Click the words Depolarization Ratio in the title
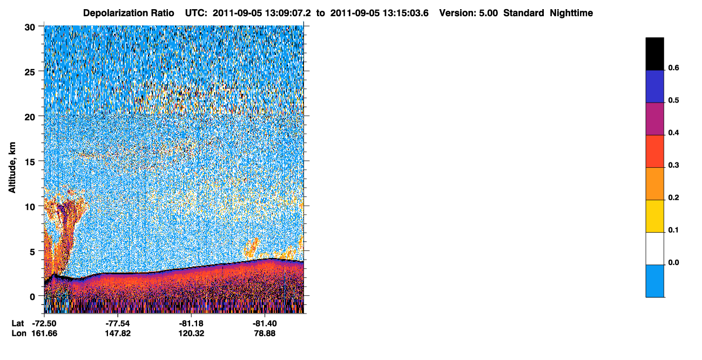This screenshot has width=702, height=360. pos(129,13)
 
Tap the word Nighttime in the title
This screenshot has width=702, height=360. pos(571,13)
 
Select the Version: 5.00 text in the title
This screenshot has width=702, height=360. pos(468,13)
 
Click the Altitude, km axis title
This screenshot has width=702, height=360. pos(12,167)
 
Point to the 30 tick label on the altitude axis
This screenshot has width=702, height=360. pos(30,28)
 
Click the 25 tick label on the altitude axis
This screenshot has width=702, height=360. pos(30,72)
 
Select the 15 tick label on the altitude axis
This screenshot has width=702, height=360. pos(30,162)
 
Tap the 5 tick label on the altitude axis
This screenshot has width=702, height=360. pos(32,252)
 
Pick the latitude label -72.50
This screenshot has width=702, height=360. pos(44,323)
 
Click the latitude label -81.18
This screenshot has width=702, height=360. pos(191,323)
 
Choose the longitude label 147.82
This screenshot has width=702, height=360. pos(118,334)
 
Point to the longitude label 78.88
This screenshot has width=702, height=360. pos(265,334)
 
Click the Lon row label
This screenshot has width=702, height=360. pos(19,334)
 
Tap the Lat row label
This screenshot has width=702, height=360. pos(17,323)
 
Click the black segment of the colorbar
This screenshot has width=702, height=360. pos(654,54)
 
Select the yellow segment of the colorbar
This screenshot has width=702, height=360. pos(654,216)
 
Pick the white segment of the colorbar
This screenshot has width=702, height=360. pos(654,249)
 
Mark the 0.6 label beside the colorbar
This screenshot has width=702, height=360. pos(673,68)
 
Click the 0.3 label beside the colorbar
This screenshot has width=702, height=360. pos(673,166)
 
